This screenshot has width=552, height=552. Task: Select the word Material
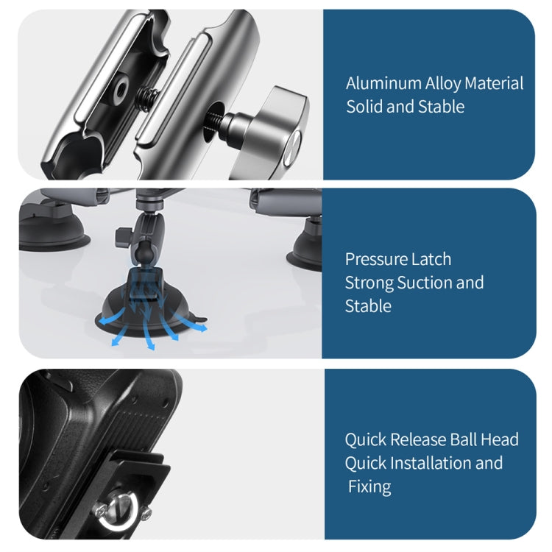tap(492, 83)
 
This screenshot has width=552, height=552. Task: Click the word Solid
tap(364, 107)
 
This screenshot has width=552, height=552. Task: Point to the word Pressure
tap(378, 259)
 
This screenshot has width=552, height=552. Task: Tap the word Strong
tap(369, 283)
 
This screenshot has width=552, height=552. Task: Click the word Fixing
tap(370, 486)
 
